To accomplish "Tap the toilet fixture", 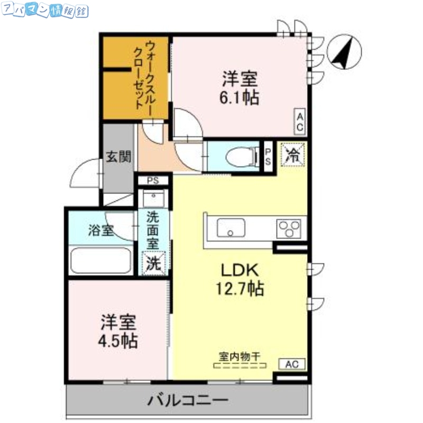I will point(238,157).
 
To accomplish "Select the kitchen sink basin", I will point(231,228).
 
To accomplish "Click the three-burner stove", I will point(289,228).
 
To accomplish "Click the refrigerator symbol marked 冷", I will point(291,155).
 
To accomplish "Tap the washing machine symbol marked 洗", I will point(153,262).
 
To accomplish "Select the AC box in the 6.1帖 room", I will point(300,122).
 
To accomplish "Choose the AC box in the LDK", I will point(292,364).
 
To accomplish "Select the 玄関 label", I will point(118,157).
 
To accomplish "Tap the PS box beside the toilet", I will point(268,157).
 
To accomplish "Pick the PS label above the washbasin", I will point(153,180).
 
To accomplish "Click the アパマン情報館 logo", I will point(45,11).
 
